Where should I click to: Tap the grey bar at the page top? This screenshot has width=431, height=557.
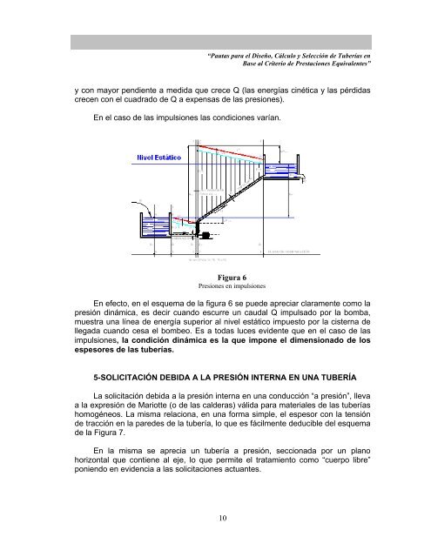coord(215,40)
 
